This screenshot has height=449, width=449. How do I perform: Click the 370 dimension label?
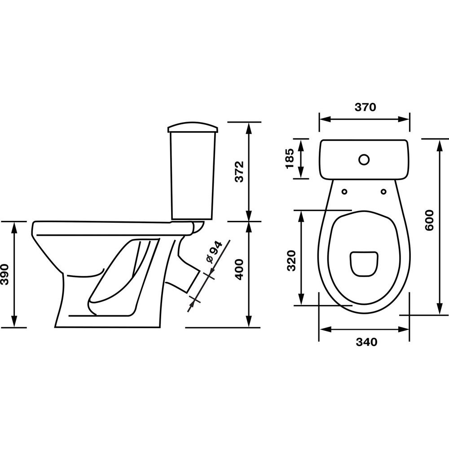(x=365, y=107)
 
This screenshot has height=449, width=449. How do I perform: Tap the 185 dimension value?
(x=290, y=158)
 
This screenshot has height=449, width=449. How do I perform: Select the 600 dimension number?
(x=429, y=220)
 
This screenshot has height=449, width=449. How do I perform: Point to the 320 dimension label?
(x=291, y=260)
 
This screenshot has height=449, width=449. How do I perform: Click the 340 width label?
(x=366, y=342)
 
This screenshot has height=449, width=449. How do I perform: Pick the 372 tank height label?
(x=239, y=172)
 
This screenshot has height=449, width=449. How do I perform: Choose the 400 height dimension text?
(x=239, y=269)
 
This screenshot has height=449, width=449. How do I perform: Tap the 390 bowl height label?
(x=5, y=274)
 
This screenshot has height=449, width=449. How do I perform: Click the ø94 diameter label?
(x=214, y=252)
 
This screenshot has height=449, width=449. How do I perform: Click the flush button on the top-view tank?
(x=364, y=160)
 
